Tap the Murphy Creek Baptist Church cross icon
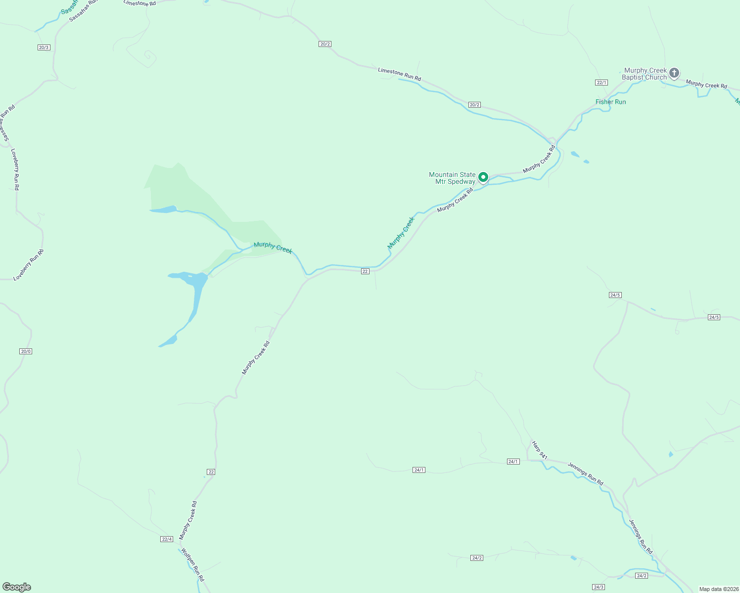[674, 74]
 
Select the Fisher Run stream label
[610, 102]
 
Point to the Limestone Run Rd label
[399, 75]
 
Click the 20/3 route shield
[44, 47]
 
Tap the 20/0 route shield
[26, 351]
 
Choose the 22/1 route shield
[601, 83]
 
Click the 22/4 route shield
[167, 539]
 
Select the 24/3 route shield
[599, 587]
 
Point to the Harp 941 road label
[540, 450]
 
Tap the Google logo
[17, 587]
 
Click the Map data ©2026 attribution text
[718, 589]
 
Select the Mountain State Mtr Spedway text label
[452, 178]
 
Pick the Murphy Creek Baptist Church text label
[645, 74]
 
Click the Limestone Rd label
[139, 3]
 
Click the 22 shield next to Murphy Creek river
[365, 271]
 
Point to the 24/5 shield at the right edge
[714, 317]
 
